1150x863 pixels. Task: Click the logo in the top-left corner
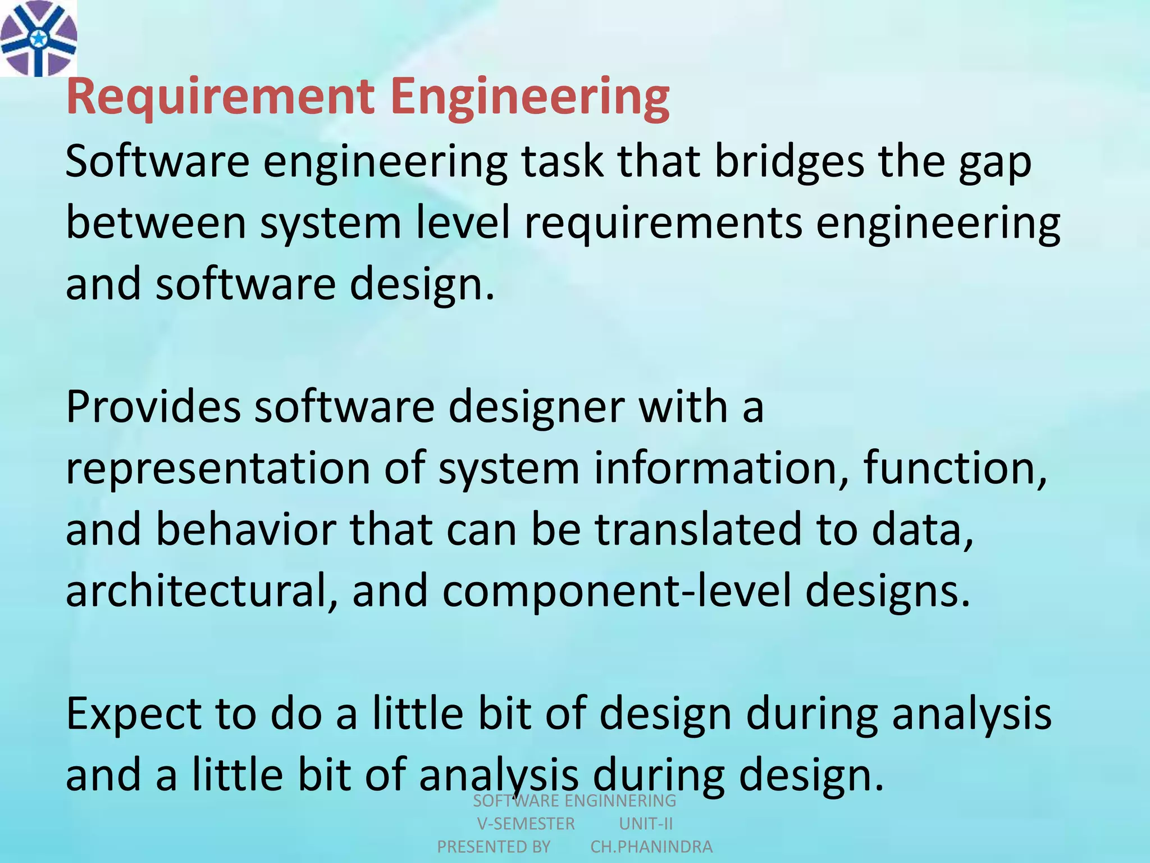pyautogui.click(x=38, y=38)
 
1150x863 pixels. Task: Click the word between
pyautogui.click(x=156, y=222)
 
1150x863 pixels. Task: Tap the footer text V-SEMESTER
pyautogui.click(x=526, y=824)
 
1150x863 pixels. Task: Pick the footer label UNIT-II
pyautogui.click(x=646, y=824)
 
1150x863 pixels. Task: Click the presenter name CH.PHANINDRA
pyautogui.click(x=651, y=847)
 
